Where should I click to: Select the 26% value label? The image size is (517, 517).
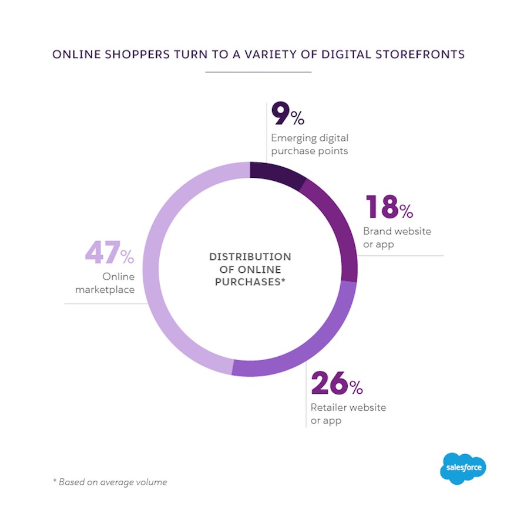click(x=337, y=384)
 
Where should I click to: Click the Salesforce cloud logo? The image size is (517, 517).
click(x=463, y=468)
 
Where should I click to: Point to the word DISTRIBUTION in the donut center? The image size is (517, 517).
click(x=250, y=257)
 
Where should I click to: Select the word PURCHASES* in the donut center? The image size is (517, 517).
click(x=250, y=282)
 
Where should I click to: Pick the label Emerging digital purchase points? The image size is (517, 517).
click(x=310, y=144)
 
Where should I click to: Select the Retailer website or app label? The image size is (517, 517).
click(x=348, y=414)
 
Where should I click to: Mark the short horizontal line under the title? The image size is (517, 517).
click(x=258, y=72)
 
